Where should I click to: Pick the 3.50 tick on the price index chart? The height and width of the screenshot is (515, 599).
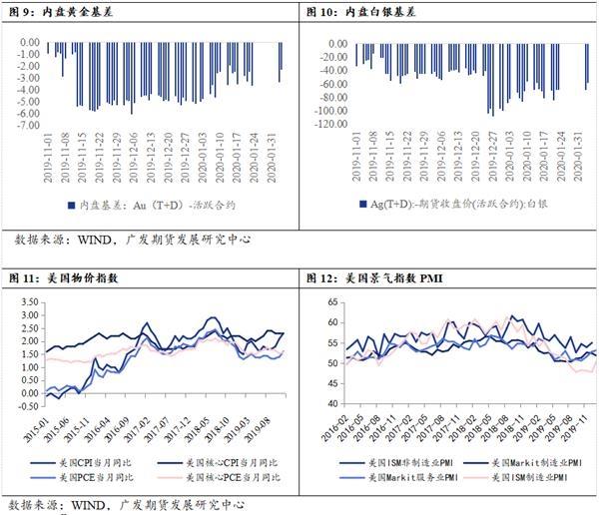[x=28, y=299]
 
